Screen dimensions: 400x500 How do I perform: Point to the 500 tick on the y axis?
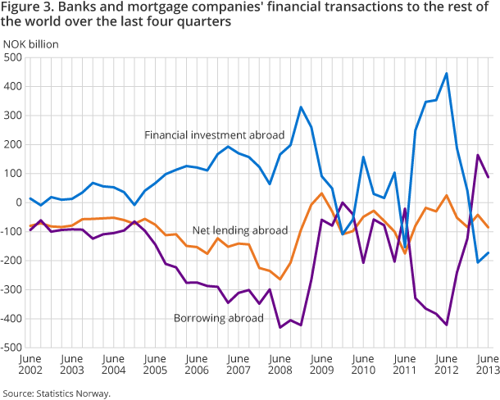coord(13,57)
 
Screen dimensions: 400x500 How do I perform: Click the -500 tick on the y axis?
coord(11,348)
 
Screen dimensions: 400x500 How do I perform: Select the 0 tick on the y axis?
coord(19,202)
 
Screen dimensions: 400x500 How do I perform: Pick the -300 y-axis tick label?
coord(11,289)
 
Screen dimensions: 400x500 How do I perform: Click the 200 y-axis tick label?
coord(13,144)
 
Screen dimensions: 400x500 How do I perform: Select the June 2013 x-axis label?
coord(489,365)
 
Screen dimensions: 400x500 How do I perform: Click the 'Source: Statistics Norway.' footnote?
coord(56,393)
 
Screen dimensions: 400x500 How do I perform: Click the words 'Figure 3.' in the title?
coord(25,7)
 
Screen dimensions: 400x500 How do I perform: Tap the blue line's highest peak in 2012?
coord(447,74)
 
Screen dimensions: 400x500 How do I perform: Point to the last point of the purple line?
coord(489,177)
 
